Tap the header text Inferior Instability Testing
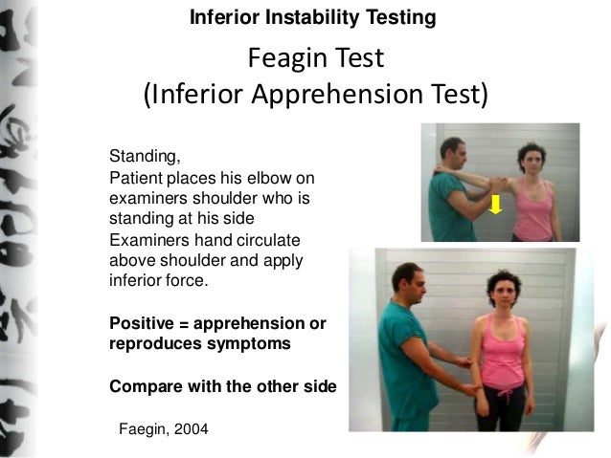pyautogui.click(x=313, y=18)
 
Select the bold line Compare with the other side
pyautogui.click(x=223, y=387)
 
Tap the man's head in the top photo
pyautogui.click(x=454, y=152)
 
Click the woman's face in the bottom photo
pyautogui.click(x=504, y=291)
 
